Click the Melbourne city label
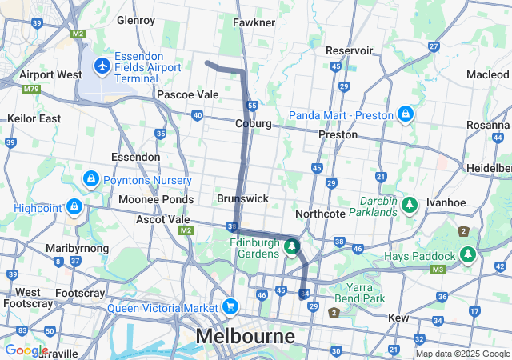tap(246, 335)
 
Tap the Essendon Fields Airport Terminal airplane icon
tap(102, 64)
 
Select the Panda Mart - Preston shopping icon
tap(406, 114)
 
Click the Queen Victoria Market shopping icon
tap(230, 306)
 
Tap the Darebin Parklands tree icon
tap(410, 205)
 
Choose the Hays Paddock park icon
tap(468, 255)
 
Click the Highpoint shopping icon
tap(74, 208)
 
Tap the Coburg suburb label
tap(254, 124)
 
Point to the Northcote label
tap(320, 214)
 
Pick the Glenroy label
tap(135, 19)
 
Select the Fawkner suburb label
tap(254, 22)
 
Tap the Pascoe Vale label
tap(187, 94)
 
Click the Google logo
tap(26, 350)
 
